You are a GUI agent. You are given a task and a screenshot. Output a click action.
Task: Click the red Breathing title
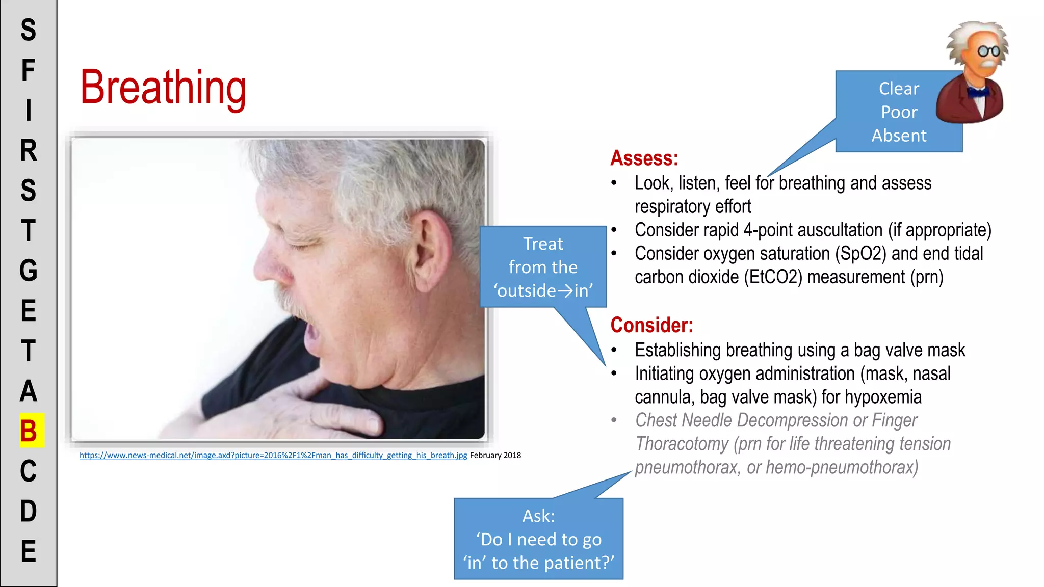tap(163, 88)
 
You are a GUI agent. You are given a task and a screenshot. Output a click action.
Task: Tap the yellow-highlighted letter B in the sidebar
tap(29, 431)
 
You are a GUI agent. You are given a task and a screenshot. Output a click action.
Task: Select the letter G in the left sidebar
tap(29, 271)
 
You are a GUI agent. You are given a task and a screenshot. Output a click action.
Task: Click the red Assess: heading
tap(644, 158)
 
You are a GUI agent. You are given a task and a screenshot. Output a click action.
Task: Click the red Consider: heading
tap(651, 325)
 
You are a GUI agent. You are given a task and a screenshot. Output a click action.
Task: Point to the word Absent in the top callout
tap(898, 136)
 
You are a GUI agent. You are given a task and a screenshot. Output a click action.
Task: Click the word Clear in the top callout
tap(898, 89)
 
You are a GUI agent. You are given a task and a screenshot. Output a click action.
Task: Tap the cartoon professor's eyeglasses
tap(988, 51)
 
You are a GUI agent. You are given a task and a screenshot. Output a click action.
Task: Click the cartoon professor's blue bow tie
tap(978, 92)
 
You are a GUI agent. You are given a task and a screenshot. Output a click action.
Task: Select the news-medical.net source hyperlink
tap(273, 455)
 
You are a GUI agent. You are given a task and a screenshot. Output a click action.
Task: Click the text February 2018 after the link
tap(495, 455)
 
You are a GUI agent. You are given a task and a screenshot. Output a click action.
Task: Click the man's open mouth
tap(311, 337)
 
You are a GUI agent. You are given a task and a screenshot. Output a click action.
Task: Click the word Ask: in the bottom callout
tap(538, 516)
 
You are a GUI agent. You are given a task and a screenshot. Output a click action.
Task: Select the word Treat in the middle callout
tap(543, 244)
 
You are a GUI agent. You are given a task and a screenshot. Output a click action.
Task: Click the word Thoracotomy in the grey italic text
tap(682, 444)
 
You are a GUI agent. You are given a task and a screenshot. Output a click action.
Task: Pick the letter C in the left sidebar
tap(29, 471)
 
